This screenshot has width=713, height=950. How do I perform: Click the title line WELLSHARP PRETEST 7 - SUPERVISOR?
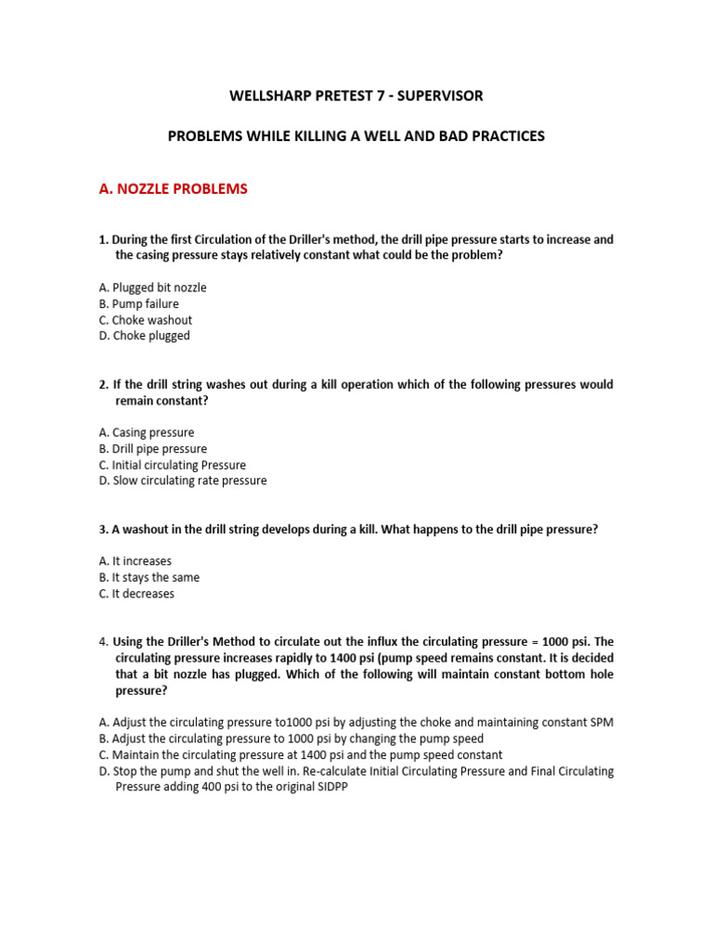(356, 96)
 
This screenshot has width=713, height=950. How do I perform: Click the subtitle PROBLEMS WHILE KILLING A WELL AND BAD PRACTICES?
(356, 136)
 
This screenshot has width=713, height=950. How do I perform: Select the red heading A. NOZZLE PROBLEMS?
(173, 189)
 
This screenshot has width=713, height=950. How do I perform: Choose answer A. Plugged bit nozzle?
(152, 288)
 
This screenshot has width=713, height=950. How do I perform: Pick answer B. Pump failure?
(138, 303)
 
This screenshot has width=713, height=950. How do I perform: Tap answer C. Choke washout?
(145, 320)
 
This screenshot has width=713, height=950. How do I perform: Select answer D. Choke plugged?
(144, 336)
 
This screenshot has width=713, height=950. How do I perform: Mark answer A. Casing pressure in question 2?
(146, 432)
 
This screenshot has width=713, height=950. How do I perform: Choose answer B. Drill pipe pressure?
(152, 449)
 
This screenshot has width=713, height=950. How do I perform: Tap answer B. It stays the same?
(149, 577)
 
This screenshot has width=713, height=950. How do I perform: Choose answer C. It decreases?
(136, 594)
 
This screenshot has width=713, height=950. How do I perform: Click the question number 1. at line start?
(103, 239)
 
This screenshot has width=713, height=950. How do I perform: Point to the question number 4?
(103, 642)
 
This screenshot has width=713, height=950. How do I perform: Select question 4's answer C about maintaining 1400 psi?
(300, 755)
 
